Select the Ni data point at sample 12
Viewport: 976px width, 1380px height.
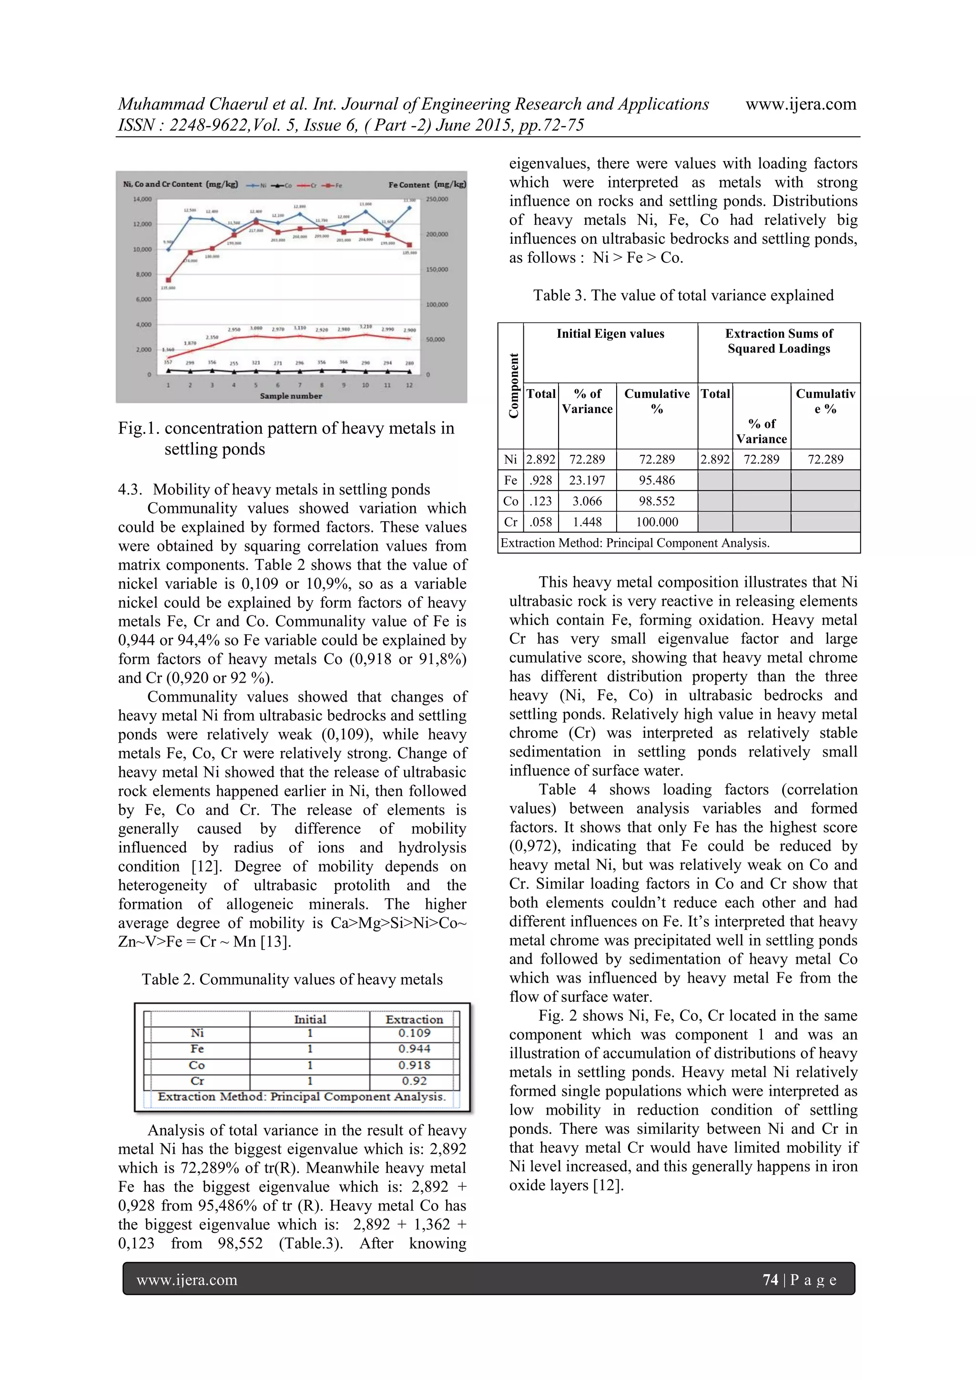click(x=409, y=207)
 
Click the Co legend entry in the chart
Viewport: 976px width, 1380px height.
click(x=285, y=185)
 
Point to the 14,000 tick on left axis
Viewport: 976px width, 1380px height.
click(x=142, y=199)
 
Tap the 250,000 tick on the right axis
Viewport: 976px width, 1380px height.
click(x=437, y=199)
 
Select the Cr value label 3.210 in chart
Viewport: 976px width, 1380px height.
click(x=366, y=327)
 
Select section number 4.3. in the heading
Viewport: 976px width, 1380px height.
click(x=131, y=489)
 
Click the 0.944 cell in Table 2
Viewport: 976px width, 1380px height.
click(x=414, y=1049)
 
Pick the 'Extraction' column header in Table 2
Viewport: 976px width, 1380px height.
click(x=414, y=1019)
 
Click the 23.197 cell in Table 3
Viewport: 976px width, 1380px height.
click(x=587, y=480)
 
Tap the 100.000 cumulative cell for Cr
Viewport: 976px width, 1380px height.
click(x=657, y=522)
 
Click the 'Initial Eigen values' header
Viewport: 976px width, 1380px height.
click(x=610, y=333)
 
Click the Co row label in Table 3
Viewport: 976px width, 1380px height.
click(x=510, y=501)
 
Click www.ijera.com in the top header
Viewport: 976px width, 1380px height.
click(x=801, y=104)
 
